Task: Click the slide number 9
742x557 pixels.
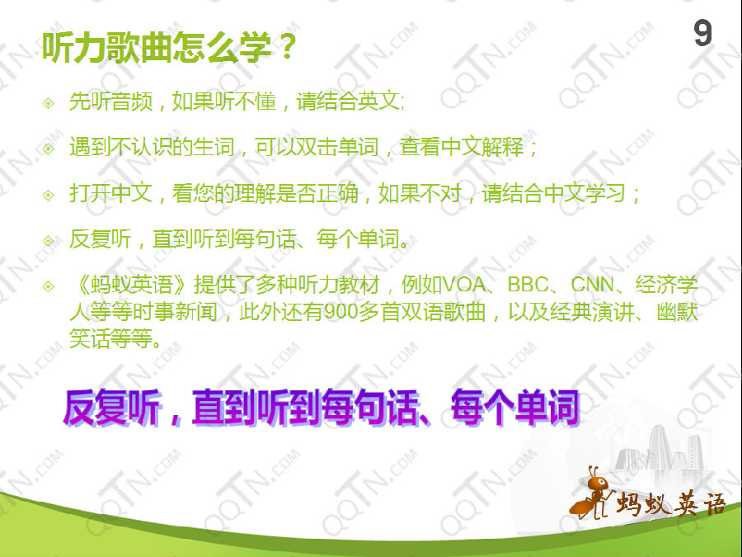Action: click(x=702, y=34)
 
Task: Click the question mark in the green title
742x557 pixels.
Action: click(x=287, y=47)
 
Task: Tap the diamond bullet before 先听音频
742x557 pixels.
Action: click(x=49, y=102)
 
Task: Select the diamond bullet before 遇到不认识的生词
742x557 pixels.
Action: click(x=49, y=149)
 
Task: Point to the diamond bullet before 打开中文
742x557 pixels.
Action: click(x=49, y=195)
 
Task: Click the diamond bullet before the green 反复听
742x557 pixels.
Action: click(x=49, y=241)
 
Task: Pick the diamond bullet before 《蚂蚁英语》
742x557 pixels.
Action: click(x=49, y=286)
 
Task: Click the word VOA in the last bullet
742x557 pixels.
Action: click(x=463, y=286)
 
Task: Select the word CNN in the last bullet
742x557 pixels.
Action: click(x=592, y=286)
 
